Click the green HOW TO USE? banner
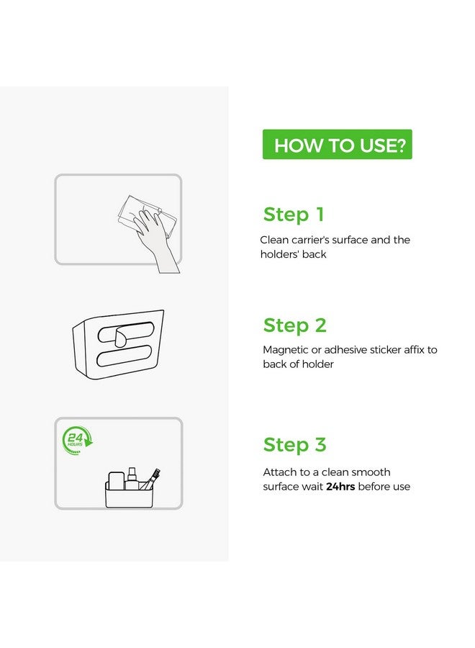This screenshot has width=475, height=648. coord(337,144)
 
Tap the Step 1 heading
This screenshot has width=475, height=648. coord(293,215)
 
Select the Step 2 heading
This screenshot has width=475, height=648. coord(294,325)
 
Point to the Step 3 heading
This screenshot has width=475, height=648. coord(294,445)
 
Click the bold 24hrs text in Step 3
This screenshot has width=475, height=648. coord(340,487)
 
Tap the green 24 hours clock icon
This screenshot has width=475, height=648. coord(77,440)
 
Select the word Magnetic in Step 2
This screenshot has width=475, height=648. coord(286,350)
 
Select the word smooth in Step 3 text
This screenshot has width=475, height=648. coord(373,472)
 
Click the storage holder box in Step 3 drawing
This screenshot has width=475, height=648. coord(129,494)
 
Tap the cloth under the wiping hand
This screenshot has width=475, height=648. coord(147,217)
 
